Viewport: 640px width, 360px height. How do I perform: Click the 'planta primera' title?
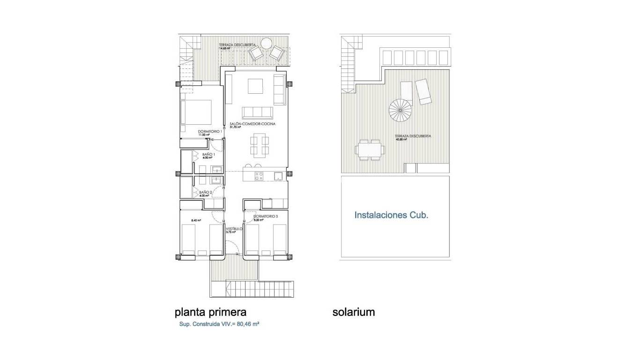tap(210, 312)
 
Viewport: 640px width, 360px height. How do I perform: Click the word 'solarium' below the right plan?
tap(354, 312)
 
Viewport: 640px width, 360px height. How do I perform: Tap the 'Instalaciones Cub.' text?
tap(391, 216)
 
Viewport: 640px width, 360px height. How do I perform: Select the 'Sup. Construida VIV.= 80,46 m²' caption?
tap(219, 324)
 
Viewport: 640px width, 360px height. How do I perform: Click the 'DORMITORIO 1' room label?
tap(209, 131)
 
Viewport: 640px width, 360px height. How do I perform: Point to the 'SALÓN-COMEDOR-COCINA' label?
tap(252, 124)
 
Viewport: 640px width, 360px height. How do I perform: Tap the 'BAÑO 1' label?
tap(208, 154)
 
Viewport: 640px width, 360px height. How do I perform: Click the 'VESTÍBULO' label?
tap(234, 229)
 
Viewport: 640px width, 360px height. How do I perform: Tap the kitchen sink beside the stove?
tap(278, 176)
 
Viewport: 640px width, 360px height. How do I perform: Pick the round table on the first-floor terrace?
tap(267, 44)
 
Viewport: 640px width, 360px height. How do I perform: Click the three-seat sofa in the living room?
tap(257, 112)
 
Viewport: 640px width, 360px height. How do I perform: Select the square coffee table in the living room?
tap(256, 86)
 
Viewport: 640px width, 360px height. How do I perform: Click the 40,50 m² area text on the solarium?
tap(401, 139)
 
